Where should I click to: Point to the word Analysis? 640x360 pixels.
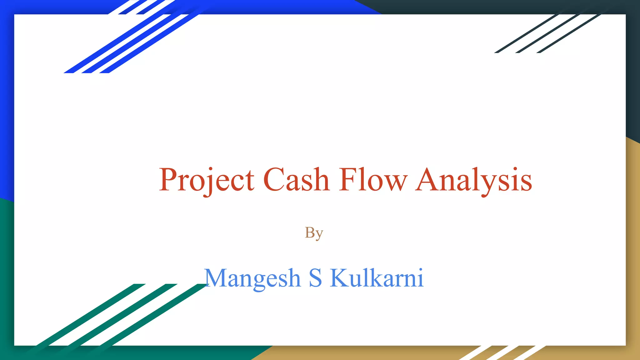(474, 180)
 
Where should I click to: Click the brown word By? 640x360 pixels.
(314, 233)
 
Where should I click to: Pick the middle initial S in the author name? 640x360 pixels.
(315, 278)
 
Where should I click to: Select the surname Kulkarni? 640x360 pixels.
(377, 278)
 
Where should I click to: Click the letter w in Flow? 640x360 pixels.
(397, 183)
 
